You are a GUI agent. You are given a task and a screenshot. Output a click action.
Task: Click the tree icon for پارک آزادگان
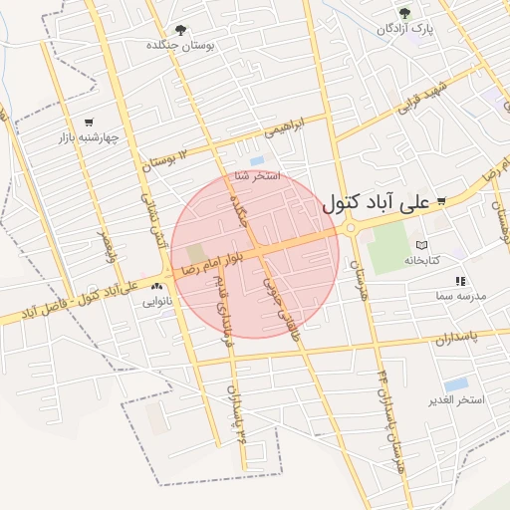point(404,13)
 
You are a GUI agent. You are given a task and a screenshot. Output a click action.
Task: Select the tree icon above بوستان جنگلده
point(180,31)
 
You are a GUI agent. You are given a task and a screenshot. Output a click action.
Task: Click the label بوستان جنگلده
point(180,46)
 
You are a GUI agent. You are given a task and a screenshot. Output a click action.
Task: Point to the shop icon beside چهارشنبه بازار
point(90,122)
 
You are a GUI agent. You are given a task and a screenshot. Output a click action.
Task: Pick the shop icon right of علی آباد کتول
point(441,202)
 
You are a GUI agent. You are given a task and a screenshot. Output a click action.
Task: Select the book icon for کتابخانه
point(421,245)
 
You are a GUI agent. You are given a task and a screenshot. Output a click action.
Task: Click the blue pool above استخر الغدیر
point(456,384)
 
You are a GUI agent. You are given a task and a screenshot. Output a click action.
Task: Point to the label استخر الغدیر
point(456,399)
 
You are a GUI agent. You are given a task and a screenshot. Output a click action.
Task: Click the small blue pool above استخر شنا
point(257,160)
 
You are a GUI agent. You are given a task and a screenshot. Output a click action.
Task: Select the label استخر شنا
point(257,176)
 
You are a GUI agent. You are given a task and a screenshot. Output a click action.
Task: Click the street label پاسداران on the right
point(456,339)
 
